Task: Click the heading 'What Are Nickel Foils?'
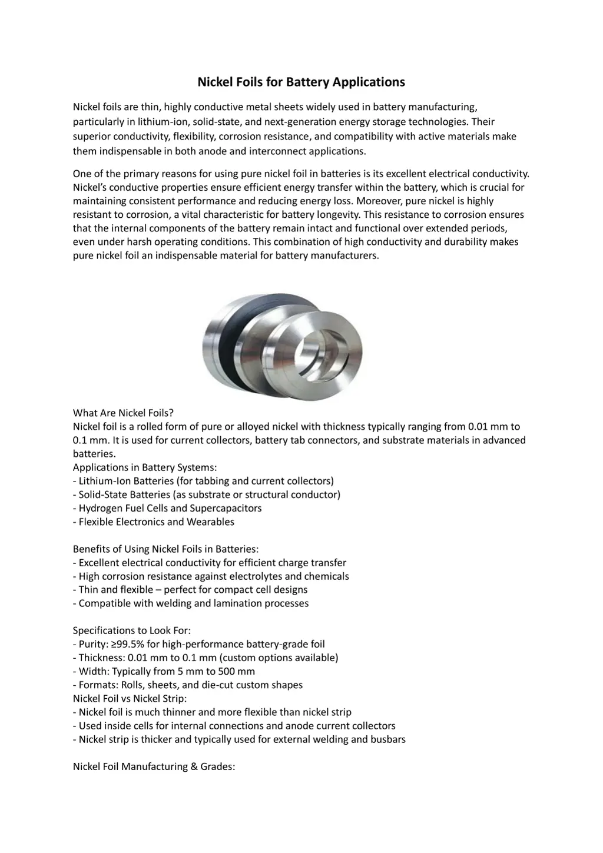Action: pyautogui.click(x=123, y=413)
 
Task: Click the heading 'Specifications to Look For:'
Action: pyautogui.click(x=132, y=630)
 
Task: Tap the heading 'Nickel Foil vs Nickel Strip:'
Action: pyautogui.click(x=130, y=699)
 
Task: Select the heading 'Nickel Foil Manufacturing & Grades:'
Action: pyautogui.click(x=154, y=766)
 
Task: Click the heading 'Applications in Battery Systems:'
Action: pyautogui.click(x=145, y=467)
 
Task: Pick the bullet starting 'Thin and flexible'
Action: pyautogui.click(x=193, y=589)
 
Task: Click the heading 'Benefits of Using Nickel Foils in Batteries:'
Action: pyautogui.click(x=165, y=549)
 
